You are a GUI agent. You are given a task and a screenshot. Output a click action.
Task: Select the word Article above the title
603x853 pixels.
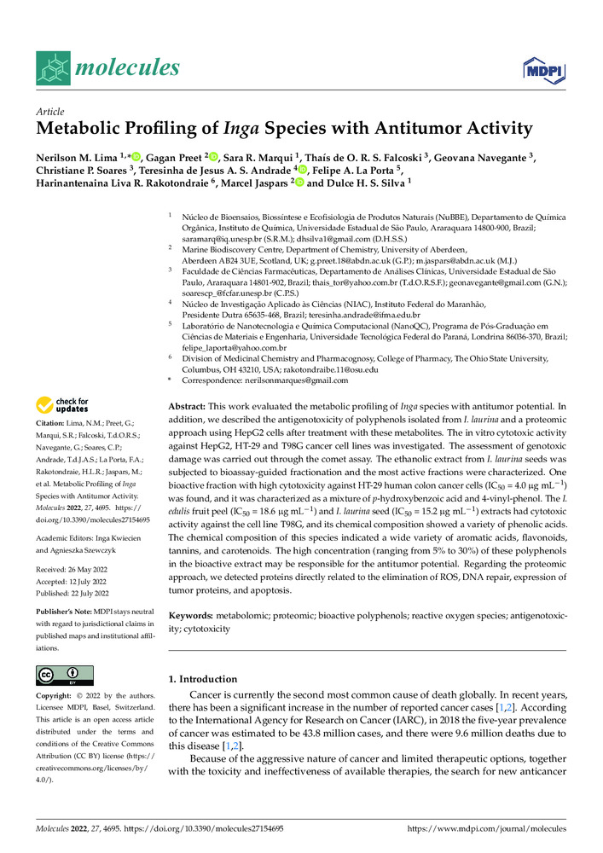pyautogui.click(x=50, y=112)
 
